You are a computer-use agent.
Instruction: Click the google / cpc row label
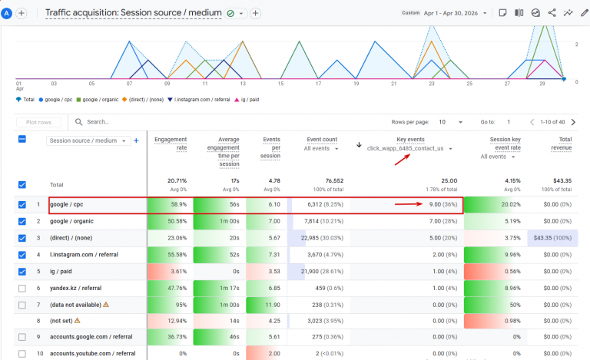pos(67,204)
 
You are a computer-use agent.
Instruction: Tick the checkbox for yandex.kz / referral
pos(22,288)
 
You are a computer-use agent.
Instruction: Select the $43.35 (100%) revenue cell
pos(552,238)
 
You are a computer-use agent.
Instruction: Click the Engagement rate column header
pos(171,144)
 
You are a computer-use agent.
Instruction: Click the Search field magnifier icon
pos(78,122)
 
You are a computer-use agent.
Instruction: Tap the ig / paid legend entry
pos(247,100)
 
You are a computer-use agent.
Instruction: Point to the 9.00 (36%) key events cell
pos(442,204)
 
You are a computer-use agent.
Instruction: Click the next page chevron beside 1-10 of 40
pos(573,122)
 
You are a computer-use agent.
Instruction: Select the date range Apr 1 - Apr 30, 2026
pos(451,13)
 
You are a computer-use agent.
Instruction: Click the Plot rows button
pos(38,122)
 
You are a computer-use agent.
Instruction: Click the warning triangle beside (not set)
pos(78,321)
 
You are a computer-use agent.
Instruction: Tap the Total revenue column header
pos(562,144)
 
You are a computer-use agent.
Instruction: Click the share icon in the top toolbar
pos(552,13)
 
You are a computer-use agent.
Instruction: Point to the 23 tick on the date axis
pos(432,84)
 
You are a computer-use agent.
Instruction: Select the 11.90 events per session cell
pos(273,305)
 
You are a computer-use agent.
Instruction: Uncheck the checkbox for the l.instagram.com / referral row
pos(22,255)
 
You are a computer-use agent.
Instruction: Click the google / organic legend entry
pos(98,100)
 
